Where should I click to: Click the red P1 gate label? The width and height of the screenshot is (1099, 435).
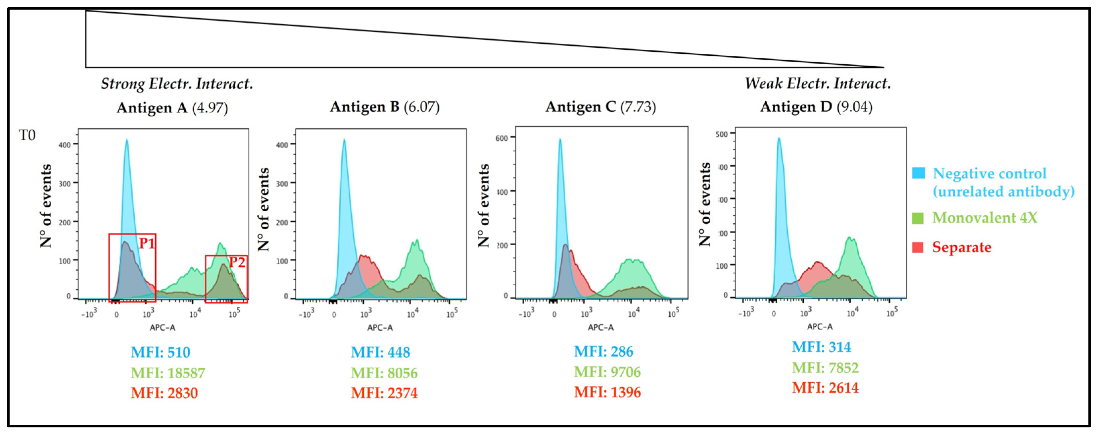146,243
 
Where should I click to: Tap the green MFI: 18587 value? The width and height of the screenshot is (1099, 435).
168,373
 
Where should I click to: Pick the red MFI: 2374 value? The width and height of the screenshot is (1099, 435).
384,393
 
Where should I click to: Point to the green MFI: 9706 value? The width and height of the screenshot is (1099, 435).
607,372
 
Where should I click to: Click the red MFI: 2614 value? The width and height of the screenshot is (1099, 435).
825,388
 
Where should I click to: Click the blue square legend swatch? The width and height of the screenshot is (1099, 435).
918,173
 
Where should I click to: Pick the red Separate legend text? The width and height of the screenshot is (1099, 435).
961,247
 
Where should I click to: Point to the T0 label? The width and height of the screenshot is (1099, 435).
27,135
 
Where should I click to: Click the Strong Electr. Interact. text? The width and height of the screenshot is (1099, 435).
177,84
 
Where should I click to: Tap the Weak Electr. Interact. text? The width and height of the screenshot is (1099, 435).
817,83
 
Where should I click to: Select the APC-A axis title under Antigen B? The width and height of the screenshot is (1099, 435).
380,327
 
